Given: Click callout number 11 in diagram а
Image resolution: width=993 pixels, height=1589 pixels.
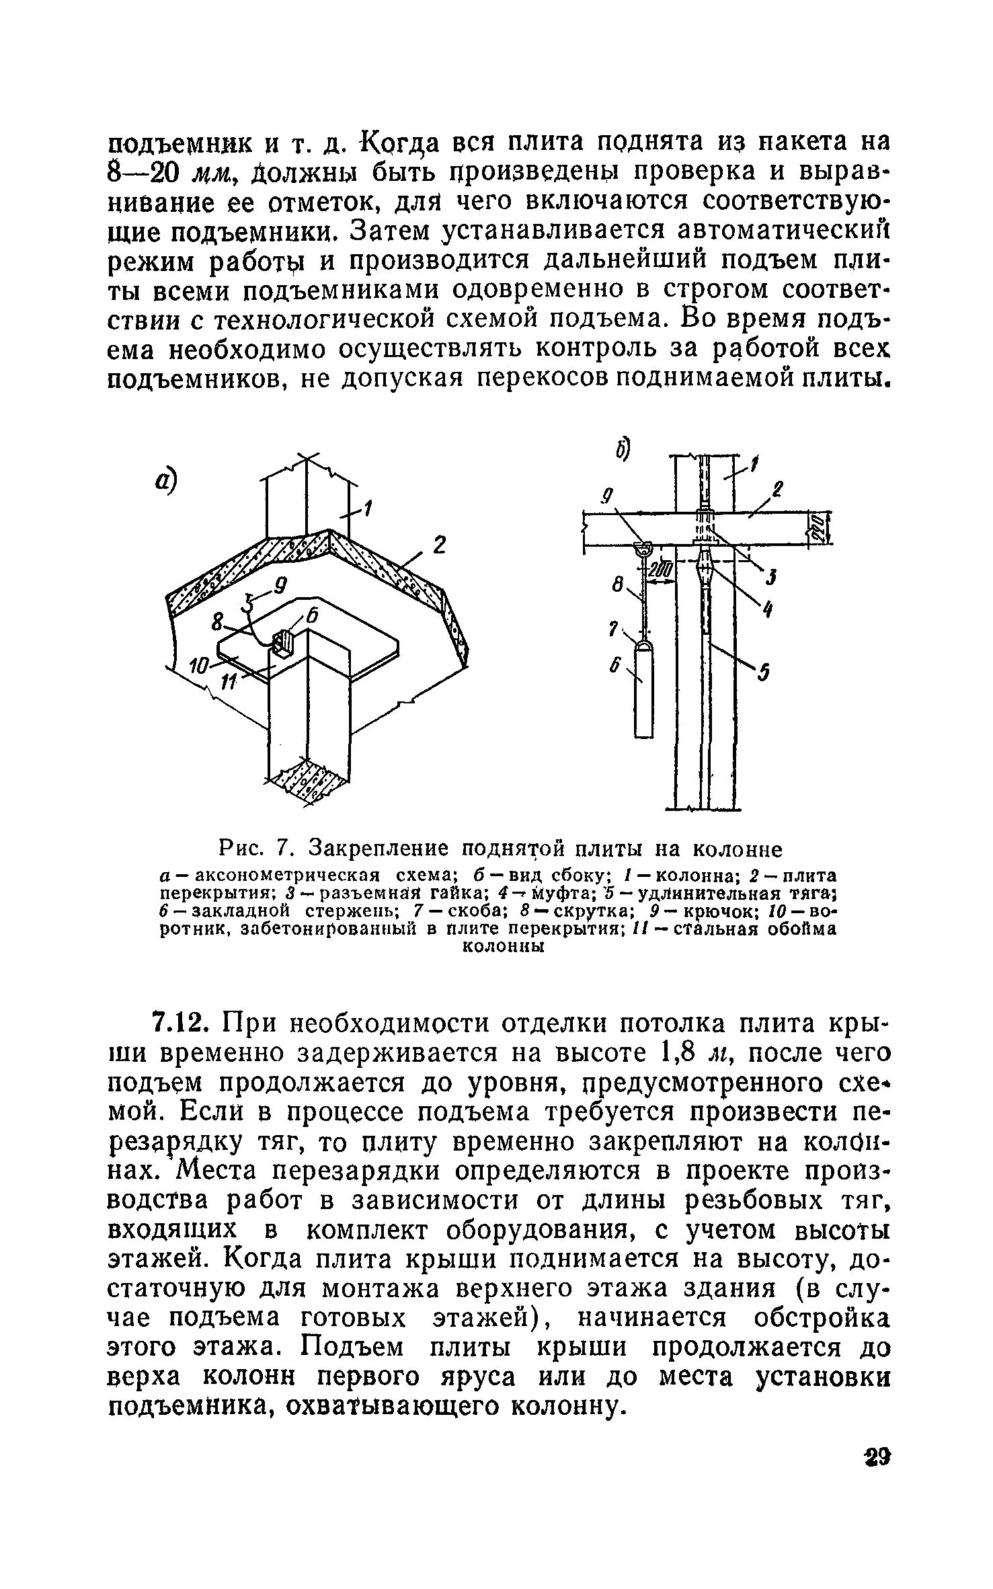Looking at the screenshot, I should (x=229, y=681).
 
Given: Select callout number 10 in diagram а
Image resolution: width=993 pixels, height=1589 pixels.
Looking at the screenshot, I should (x=200, y=666).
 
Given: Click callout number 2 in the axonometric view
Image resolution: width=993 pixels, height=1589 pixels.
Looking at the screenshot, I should (x=439, y=545).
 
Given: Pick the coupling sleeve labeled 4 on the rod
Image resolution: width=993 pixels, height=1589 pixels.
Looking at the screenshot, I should (x=704, y=572).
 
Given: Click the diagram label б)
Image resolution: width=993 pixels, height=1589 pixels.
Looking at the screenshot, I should (x=619, y=450).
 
